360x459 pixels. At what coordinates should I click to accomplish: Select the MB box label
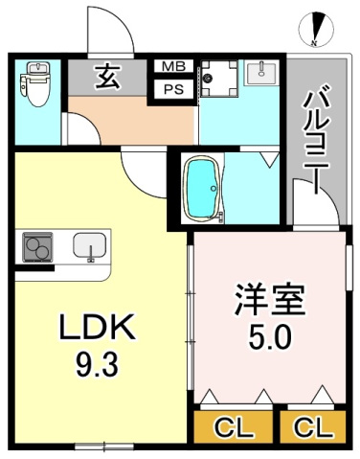173,67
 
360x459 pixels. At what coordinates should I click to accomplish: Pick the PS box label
173,90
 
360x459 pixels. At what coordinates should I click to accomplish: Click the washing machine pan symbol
219,80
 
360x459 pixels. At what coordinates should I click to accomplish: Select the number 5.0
271,337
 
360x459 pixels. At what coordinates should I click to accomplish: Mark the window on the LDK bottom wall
102,447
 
